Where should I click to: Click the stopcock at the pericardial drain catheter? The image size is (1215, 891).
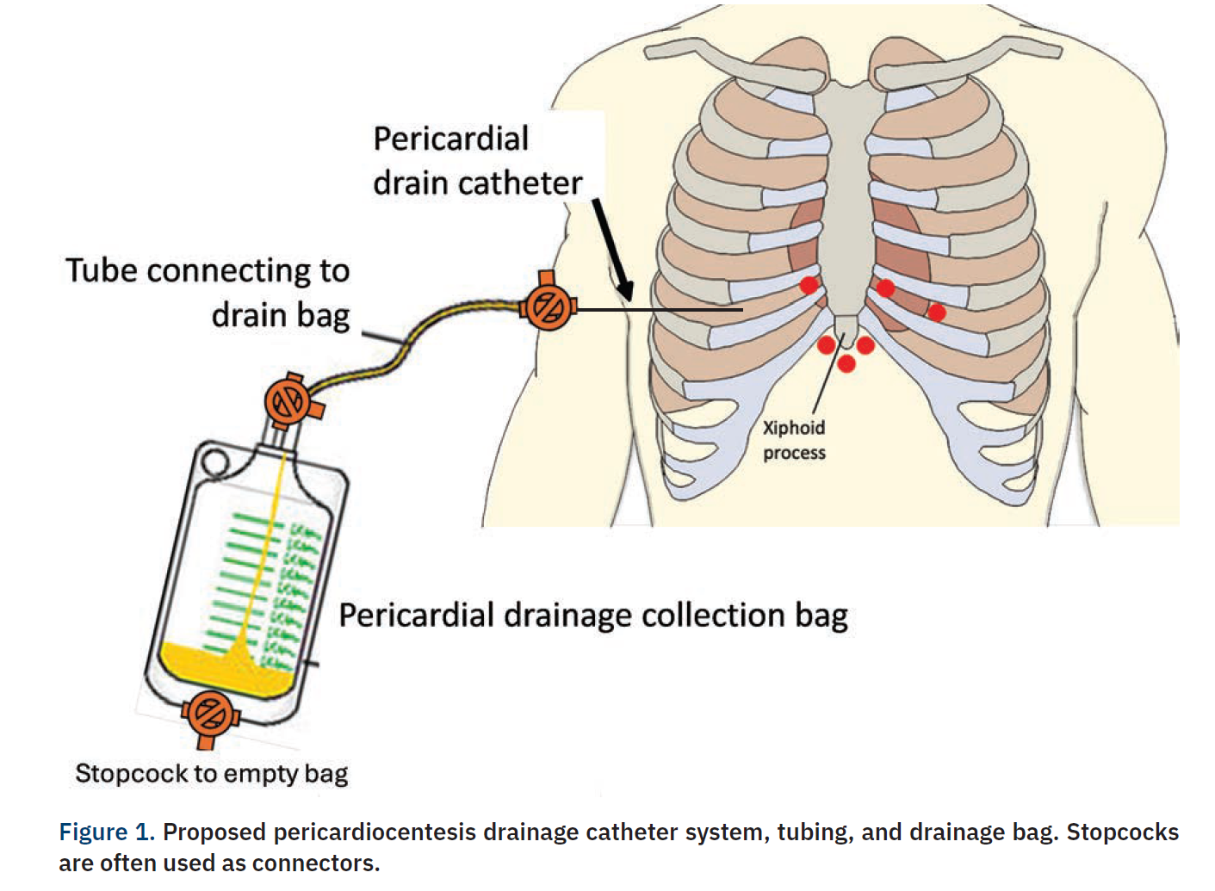tap(548, 306)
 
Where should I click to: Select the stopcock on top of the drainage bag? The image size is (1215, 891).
tap(288, 401)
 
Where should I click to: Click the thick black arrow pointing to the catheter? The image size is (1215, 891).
tap(612, 249)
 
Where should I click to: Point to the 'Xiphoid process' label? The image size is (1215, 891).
tap(794, 440)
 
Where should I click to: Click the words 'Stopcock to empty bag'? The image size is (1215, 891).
tap(211, 773)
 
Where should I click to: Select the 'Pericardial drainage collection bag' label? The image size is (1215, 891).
tap(592, 616)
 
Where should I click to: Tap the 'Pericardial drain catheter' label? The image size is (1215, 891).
tap(477, 161)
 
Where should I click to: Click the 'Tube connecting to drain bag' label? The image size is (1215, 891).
tap(208, 292)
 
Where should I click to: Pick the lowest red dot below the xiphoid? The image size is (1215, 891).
tap(846, 363)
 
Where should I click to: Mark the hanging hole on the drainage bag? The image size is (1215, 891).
tap(215, 463)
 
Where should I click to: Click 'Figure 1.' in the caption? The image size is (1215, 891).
tap(106, 832)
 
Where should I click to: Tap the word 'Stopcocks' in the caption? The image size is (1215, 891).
tap(1122, 832)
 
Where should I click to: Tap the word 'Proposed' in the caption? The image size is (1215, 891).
tap(214, 832)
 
